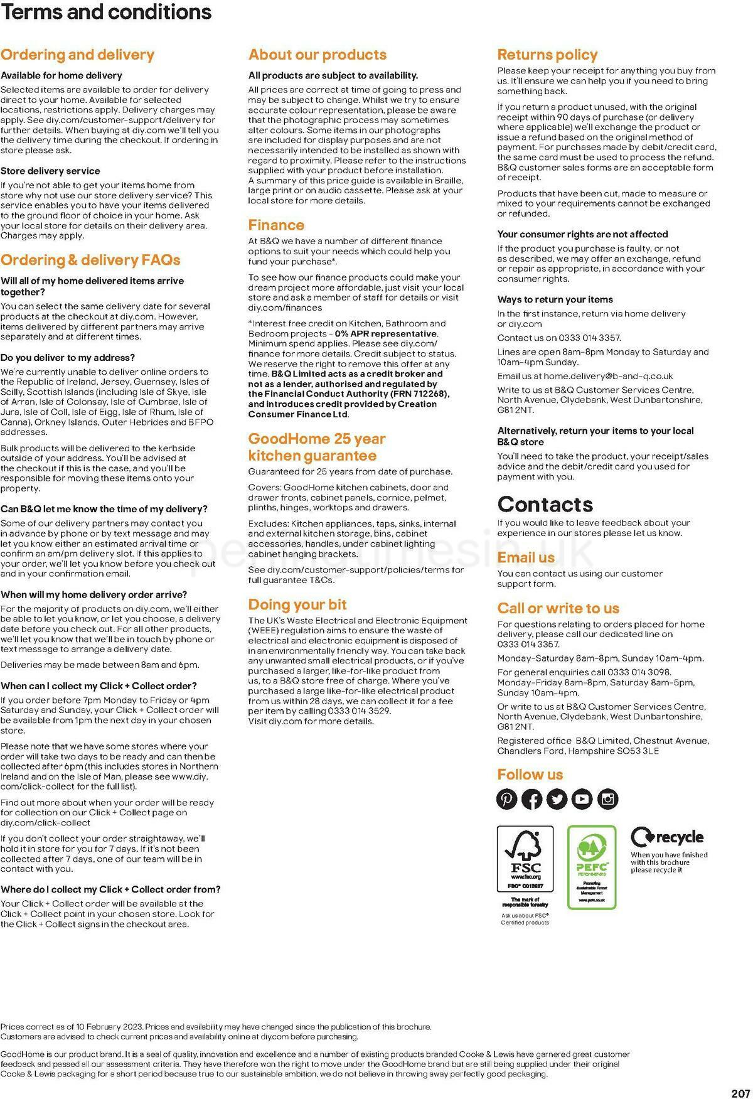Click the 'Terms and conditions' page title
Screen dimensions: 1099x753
click(106, 12)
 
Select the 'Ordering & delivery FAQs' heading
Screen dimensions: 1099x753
click(90, 260)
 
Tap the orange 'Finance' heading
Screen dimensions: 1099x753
click(276, 225)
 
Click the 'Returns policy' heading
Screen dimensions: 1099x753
click(547, 55)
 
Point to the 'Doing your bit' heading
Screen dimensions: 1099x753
click(297, 604)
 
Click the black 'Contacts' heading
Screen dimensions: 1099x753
click(545, 504)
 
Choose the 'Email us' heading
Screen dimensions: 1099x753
click(526, 557)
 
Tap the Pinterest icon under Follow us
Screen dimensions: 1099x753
click(507, 799)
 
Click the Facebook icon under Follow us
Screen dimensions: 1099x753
click(532, 799)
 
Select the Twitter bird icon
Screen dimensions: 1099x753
click(557, 799)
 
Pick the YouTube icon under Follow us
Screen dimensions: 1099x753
click(582, 799)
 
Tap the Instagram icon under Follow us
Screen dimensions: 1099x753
click(607, 799)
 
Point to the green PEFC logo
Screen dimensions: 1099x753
click(592, 867)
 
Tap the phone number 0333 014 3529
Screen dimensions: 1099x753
click(359, 711)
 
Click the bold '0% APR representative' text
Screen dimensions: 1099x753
click(386, 333)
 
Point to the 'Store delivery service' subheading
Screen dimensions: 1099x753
click(50, 171)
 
